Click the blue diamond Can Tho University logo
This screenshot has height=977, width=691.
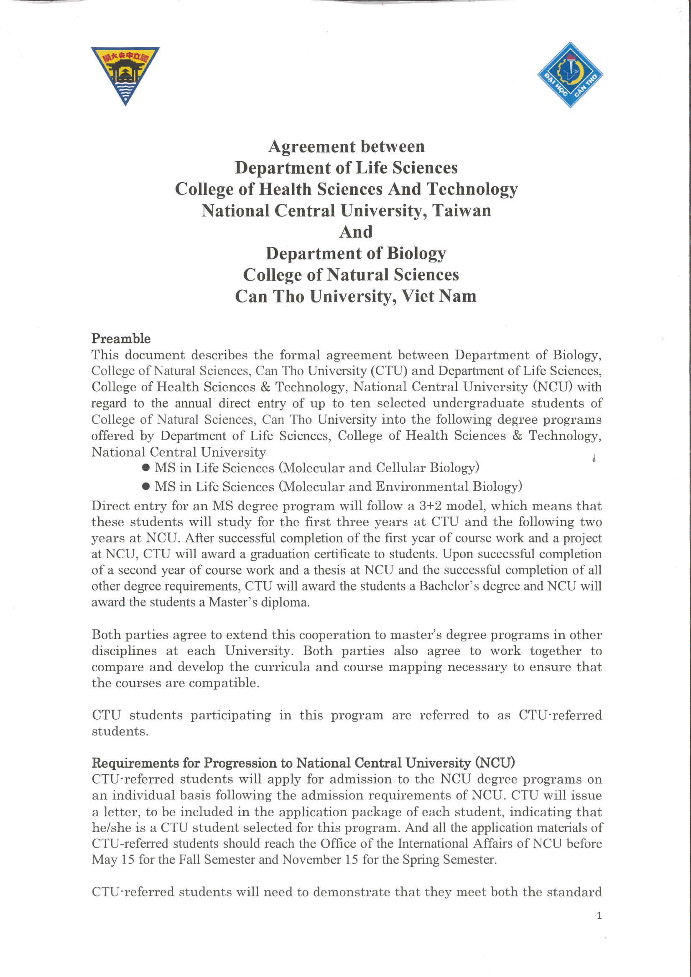570,75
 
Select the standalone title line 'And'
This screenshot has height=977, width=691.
356,232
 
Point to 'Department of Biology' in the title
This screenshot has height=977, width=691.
356,254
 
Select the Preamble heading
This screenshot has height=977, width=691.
121,339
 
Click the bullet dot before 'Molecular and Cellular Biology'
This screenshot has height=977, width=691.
145,468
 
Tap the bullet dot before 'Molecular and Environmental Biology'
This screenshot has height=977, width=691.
145,487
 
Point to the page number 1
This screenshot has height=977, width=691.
599,916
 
